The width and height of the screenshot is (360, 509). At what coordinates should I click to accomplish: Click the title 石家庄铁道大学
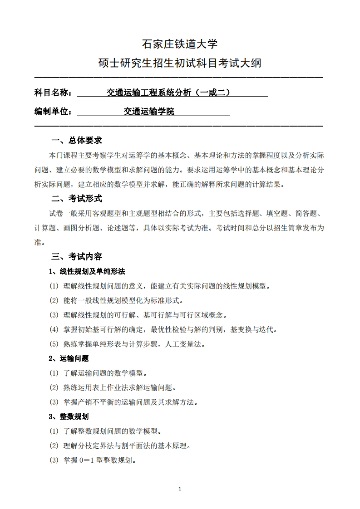click(180, 44)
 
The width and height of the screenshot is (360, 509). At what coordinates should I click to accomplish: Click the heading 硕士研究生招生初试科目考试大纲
click(180, 63)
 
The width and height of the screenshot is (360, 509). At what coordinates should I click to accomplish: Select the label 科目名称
click(52, 93)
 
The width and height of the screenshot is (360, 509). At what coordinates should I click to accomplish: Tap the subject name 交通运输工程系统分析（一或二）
click(168, 93)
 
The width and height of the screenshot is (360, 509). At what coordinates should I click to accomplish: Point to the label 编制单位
click(52, 112)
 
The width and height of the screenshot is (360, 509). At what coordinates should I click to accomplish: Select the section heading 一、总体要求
click(77, 140)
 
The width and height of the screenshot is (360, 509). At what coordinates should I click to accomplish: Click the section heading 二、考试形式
click(77, 198)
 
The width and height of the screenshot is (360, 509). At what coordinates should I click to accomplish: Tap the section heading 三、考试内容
click(77, 256)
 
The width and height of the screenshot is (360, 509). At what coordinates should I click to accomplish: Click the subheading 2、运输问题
click(69, 358)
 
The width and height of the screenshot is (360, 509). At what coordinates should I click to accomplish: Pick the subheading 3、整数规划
click(69, 416)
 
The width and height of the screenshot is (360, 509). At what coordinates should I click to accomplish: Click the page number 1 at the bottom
click(180, 489)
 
